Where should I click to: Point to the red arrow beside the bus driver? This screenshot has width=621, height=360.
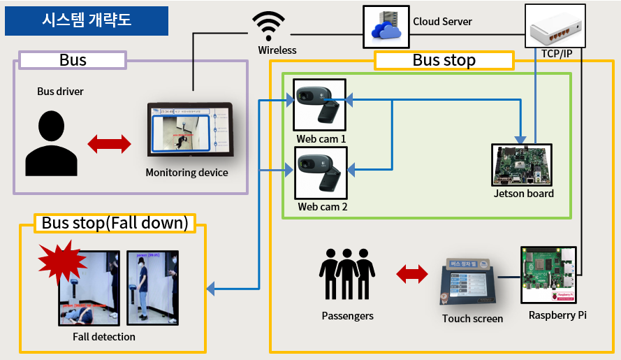coord(109,144)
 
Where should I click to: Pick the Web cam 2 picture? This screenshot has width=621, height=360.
coord(320,175)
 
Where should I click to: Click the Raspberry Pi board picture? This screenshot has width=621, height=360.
coord(549,275)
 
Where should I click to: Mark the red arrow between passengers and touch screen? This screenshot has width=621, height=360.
coord(412,274)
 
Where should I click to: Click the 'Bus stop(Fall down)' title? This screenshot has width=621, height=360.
coord(115,224)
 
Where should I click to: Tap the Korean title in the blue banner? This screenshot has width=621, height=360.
coord(86,21)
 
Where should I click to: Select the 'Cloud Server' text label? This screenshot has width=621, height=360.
coord(442,22)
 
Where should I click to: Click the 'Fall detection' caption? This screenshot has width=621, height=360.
coord(104,337)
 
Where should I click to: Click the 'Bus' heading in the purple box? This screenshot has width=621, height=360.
coord(73,60)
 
